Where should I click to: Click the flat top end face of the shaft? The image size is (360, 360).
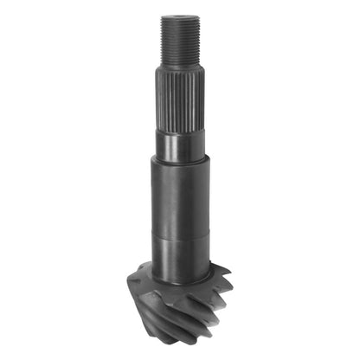point(180,17)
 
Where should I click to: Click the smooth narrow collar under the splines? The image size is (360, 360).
point(180,144)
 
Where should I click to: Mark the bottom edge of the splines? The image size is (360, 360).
point(180,130)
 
